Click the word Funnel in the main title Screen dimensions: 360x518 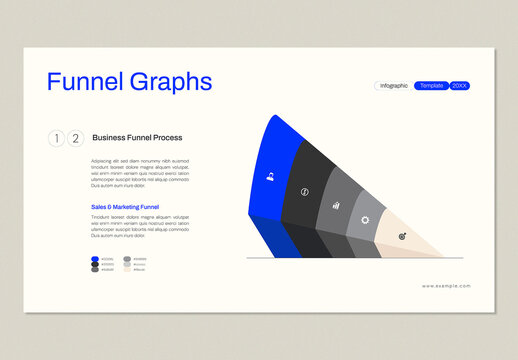click(85, 82)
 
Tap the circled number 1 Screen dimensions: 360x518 click(56, 139)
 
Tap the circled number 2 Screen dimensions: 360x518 click(75, 139)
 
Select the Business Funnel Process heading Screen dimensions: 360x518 click(137, 138)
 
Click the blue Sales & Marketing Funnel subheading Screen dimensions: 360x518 click(125, 207)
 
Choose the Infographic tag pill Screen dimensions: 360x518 click(394, 86)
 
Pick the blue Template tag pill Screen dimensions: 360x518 click(432, 86)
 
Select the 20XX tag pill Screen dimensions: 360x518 click(460, 86)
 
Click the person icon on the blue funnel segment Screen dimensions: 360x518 click(270, 177)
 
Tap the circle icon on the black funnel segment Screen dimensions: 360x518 click(305, 191)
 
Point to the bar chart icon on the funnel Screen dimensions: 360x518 click(336, 205)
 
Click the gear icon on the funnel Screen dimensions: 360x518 click(365, 220)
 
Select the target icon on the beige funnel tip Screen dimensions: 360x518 click(402, 237)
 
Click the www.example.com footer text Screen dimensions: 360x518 click(446, 286)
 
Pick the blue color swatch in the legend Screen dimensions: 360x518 click(95, 259)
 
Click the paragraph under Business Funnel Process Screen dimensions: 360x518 click(140, 172)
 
